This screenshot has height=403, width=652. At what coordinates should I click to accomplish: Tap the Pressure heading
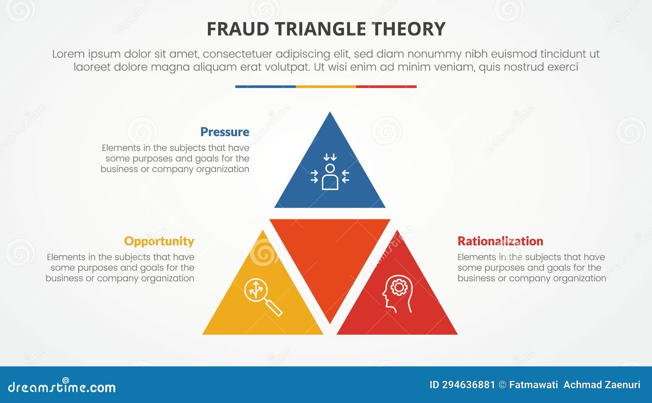pos(225,132)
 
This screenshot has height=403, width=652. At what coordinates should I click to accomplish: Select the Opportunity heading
pos(159,241)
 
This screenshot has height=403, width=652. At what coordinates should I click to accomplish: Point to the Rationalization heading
pos(500,241)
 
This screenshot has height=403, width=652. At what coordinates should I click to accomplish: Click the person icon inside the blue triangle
pos(330,177)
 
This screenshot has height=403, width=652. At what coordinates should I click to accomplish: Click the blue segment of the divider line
pos(265,87)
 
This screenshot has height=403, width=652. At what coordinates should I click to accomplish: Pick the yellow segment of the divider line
pos(326,87)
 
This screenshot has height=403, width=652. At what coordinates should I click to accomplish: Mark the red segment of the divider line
pos(386,87)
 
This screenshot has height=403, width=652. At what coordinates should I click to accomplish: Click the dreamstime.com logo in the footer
pos(62,386)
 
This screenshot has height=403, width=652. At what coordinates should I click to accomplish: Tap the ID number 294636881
pos(468,385)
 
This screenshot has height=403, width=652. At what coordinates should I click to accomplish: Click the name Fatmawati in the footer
pos(533,385)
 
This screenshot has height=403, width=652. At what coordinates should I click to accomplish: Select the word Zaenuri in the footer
pos(623,385)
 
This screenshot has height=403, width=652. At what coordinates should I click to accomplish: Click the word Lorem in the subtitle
pos(68,54)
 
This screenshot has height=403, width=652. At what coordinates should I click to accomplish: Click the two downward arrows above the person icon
pos(330,157)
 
